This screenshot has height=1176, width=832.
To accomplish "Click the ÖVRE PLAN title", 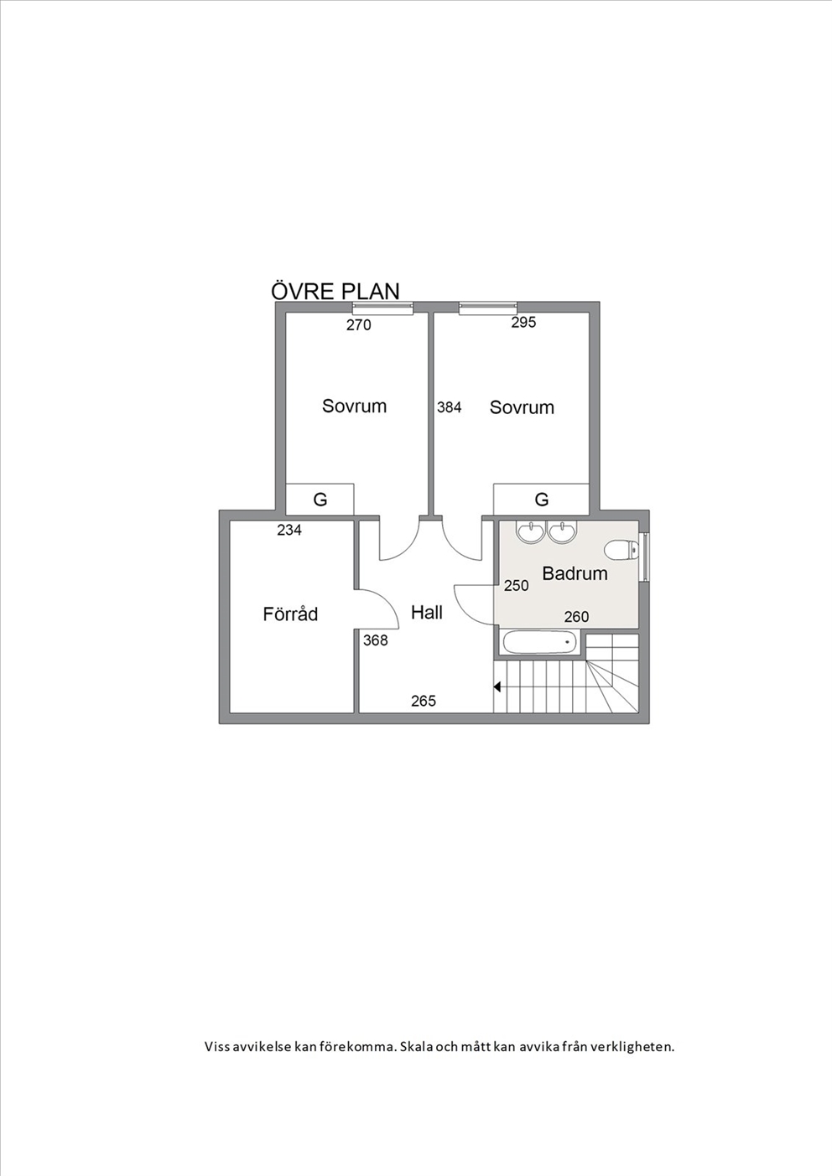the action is [x=335, y=291].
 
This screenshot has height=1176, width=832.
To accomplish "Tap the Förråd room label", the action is [x=290, y=614].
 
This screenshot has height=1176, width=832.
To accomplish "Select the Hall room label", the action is [x=427, y=612].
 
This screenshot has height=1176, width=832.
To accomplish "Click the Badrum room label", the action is [x=575, y=573].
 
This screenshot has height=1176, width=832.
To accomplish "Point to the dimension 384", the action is [x=449, y=407].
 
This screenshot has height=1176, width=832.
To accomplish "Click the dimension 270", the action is [x=359, y=325].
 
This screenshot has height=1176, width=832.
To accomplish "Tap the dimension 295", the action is [x=523, y=323].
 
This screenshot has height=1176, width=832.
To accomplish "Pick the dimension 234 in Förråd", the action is [x=289, y=531].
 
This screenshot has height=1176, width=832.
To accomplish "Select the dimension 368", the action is [x=376, y=640].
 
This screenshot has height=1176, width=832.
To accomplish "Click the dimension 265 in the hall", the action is [x=424, y=701].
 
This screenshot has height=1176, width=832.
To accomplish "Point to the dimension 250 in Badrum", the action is [x=517, y=585].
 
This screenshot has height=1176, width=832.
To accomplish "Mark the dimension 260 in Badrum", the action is [x=576, y=617].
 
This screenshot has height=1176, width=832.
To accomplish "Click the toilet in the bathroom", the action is [x=621, y=551].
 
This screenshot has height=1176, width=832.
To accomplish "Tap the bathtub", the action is [x=539, y=642].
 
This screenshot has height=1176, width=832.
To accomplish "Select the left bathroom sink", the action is [x=531, y=531].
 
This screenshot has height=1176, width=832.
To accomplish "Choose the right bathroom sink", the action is [x=563, y=531].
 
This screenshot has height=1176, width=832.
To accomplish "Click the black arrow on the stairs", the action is [x=497, y=686].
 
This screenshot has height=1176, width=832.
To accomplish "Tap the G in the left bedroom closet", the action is [x=320, y=500].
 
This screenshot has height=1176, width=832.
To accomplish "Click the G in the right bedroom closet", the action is [x=542, y=499].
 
